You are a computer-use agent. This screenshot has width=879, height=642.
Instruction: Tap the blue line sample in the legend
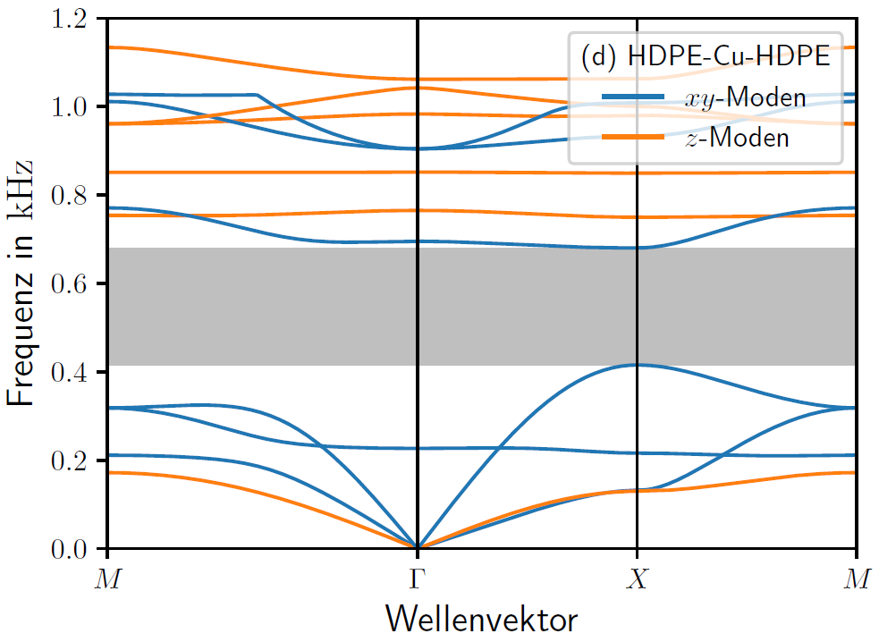(x=632, y=97)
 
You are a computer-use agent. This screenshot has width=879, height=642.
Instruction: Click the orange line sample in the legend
(x=632, y=136)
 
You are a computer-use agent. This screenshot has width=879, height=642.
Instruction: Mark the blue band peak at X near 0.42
(x=637, y=365)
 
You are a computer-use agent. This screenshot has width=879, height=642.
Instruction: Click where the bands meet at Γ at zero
(x=418, y=547)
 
